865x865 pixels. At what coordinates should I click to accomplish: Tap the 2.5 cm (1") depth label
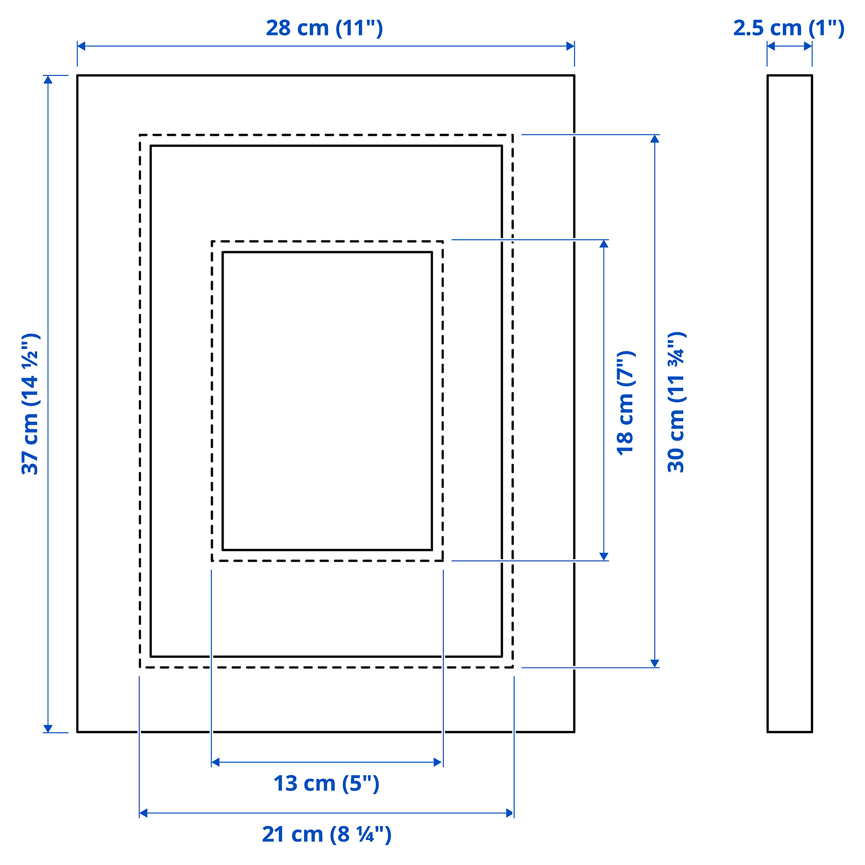pos(788,28)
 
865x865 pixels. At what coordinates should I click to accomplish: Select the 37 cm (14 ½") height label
pos(30,404)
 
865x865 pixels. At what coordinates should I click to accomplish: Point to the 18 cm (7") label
pos(625,404)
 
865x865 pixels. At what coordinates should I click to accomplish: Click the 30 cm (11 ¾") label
pos(676,403)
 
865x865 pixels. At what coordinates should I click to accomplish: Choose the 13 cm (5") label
pos(327,784)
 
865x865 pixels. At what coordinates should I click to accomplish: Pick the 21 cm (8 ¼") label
pos(327,834)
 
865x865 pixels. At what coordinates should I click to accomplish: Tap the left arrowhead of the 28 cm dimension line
pos(81,46)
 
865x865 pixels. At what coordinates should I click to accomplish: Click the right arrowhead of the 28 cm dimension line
pos(570,46)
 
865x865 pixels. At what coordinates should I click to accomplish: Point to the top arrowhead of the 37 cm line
pos(48,80)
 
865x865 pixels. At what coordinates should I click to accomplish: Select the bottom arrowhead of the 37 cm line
pos(48,728)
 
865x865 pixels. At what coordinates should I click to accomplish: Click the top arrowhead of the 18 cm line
pos(603,244)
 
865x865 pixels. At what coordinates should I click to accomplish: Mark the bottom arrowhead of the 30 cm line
pos(654,663)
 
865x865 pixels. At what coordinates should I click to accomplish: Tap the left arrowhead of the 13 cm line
pos(215,762)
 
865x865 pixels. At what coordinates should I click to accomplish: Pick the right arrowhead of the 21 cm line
pos(509,813)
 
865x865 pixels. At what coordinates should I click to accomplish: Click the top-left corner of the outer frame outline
pos(77,76)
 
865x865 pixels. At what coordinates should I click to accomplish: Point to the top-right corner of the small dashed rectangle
pos(443,241)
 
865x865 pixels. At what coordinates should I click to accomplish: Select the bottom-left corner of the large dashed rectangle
pos(140,667)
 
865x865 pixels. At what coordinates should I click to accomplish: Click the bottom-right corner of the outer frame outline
pos(574,732)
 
